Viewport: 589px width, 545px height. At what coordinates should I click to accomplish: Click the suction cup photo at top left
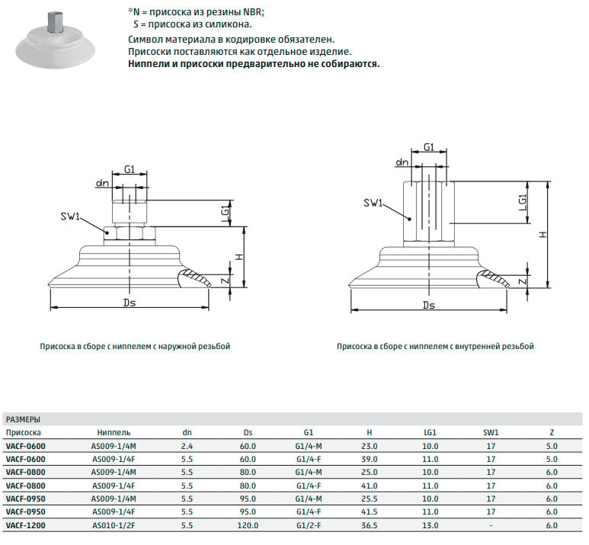55,41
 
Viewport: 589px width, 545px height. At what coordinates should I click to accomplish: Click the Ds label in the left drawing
130,303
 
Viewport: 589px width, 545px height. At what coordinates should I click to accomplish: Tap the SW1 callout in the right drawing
373,203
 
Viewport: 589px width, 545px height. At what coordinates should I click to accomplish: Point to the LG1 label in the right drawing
523,202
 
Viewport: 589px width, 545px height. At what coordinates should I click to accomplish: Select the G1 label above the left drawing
130,169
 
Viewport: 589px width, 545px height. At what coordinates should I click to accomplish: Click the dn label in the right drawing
402,162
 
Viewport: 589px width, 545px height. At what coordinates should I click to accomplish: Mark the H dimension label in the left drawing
239,258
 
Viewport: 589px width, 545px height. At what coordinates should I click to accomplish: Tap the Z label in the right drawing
523,281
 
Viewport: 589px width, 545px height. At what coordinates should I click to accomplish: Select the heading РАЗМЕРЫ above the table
23,419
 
